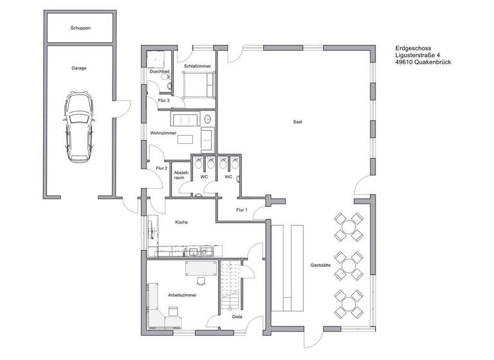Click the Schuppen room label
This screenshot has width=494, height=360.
click(80, 29)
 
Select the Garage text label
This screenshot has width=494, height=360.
click(79, 67)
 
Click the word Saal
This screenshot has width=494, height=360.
click(298, 122)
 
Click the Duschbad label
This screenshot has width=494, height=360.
click(159, 71)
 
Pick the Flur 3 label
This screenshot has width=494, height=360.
click(163, 100)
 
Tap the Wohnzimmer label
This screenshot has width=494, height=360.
click(163, 133)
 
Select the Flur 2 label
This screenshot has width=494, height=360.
click(161, 168)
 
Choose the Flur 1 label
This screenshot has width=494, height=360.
click(242, 210)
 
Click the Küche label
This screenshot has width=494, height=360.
click(181, 222)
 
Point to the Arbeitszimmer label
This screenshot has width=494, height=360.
click(182, 294)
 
